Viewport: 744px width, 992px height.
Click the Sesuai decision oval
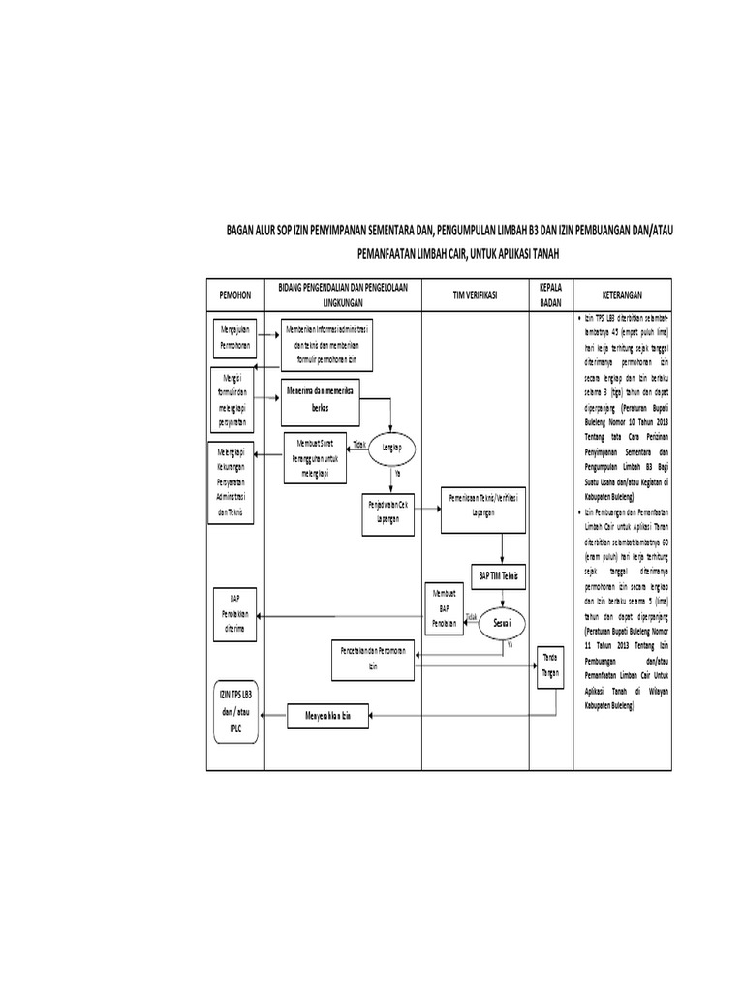[x=502, y=620]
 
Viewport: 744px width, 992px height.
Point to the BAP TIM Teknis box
[x=500, y=575]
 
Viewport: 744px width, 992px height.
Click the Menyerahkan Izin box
[x=329, y=716]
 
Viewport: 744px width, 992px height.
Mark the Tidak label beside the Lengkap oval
[x=359, y=445]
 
